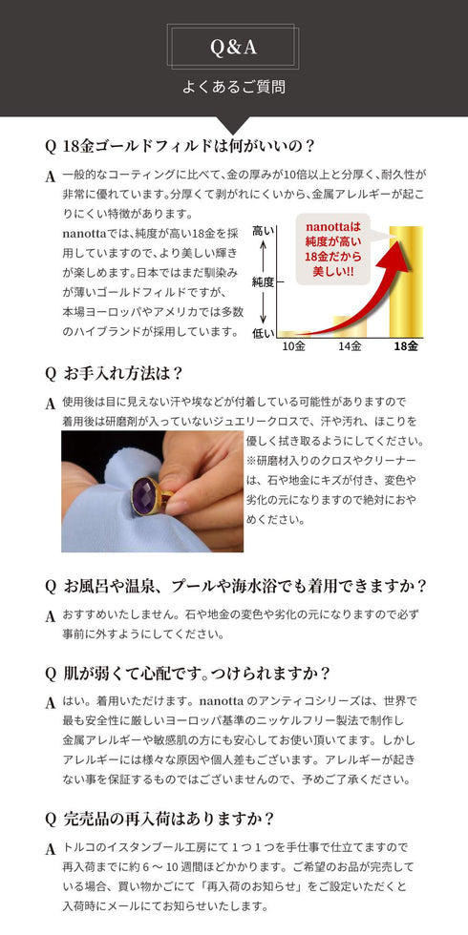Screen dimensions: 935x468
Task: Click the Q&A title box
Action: point(233,46)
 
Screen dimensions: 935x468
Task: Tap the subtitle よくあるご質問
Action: point(233,87)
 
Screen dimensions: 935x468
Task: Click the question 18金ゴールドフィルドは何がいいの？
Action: point(189,146)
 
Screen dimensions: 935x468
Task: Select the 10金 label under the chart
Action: point(293,345)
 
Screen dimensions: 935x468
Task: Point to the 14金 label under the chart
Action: point(350,345)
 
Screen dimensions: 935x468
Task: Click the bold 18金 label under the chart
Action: point(406,345)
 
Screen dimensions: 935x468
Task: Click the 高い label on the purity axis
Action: point(262,231)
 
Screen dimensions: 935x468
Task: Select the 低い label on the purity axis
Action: point(262,333)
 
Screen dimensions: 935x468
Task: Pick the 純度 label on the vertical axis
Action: point(263,282)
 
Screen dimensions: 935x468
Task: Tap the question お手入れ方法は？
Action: point(122,373)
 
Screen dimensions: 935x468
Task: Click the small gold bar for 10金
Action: point(293,334)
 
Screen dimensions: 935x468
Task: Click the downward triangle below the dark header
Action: point(234,125)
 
